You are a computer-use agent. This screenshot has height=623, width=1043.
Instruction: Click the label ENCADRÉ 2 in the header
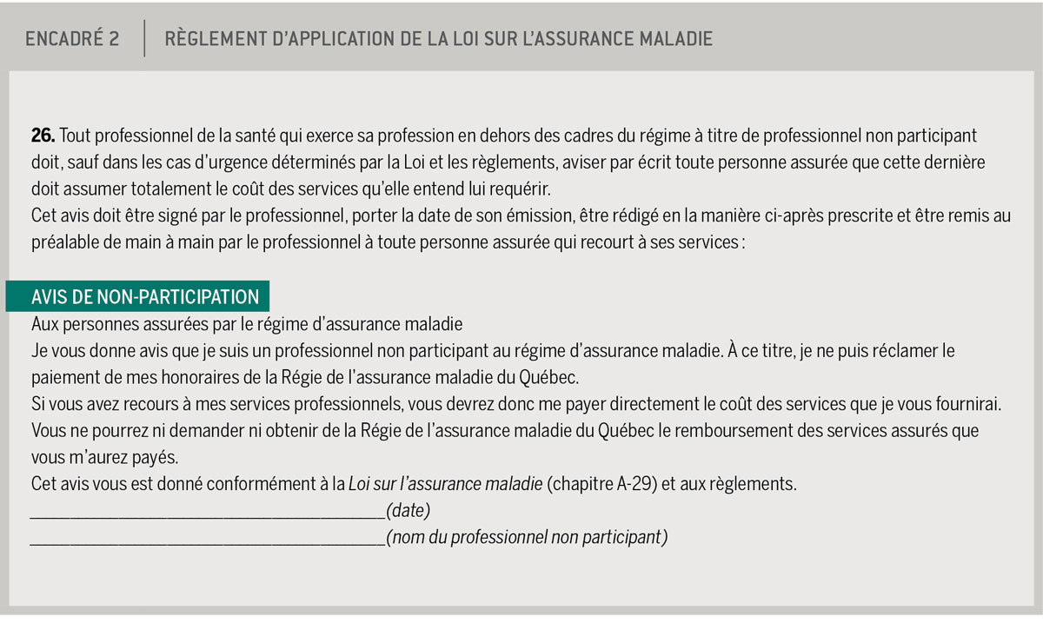pyautogui.click(x=72, y=39)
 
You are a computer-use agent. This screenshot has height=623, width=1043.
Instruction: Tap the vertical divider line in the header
pyautogui.click(x=144, y=39)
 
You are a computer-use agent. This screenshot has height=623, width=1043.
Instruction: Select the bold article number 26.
pyautogui.click(x=43, y=136)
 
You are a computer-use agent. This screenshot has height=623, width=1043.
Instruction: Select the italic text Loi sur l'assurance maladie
pyautogui.click(x=445, y=484)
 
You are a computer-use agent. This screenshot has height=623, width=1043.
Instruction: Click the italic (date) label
pyautogui.click(x=408, y=511)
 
